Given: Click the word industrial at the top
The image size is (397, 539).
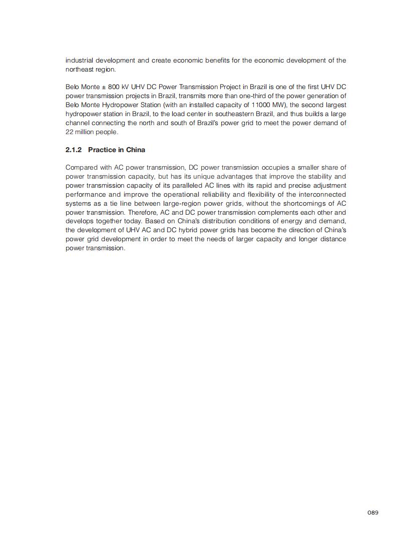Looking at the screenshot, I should pos(78,61).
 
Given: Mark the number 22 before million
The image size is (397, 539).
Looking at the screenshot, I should pos(70,132).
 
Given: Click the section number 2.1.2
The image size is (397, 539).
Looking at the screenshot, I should pos(74,150).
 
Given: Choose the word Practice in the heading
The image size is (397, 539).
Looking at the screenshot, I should pos(102,150).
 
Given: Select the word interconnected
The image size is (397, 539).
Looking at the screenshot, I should pos(323,195).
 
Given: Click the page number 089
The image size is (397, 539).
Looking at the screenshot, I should pos(372,512).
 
